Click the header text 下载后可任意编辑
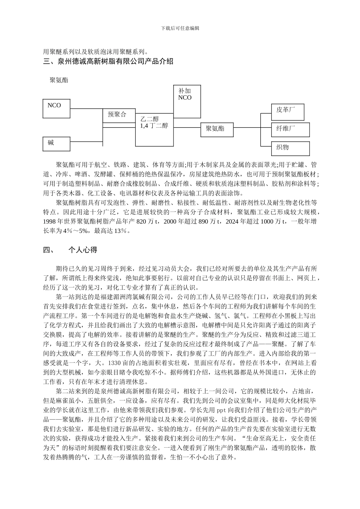(x=180, y=28)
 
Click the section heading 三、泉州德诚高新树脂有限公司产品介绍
(x=108, y=61)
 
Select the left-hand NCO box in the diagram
(x=56, y=108)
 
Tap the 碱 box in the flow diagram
(x=56, y=144)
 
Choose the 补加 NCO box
(x=187, y=101)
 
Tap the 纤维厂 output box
(x=290, y=130)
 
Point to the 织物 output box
(x=290, y=148)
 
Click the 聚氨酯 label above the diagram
(x=59, y=80)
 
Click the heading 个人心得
(x=83, y=250)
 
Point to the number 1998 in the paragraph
(x=50, y=222)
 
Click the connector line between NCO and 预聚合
(x=86, y=109)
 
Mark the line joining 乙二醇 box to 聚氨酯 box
(x=187, y=128)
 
